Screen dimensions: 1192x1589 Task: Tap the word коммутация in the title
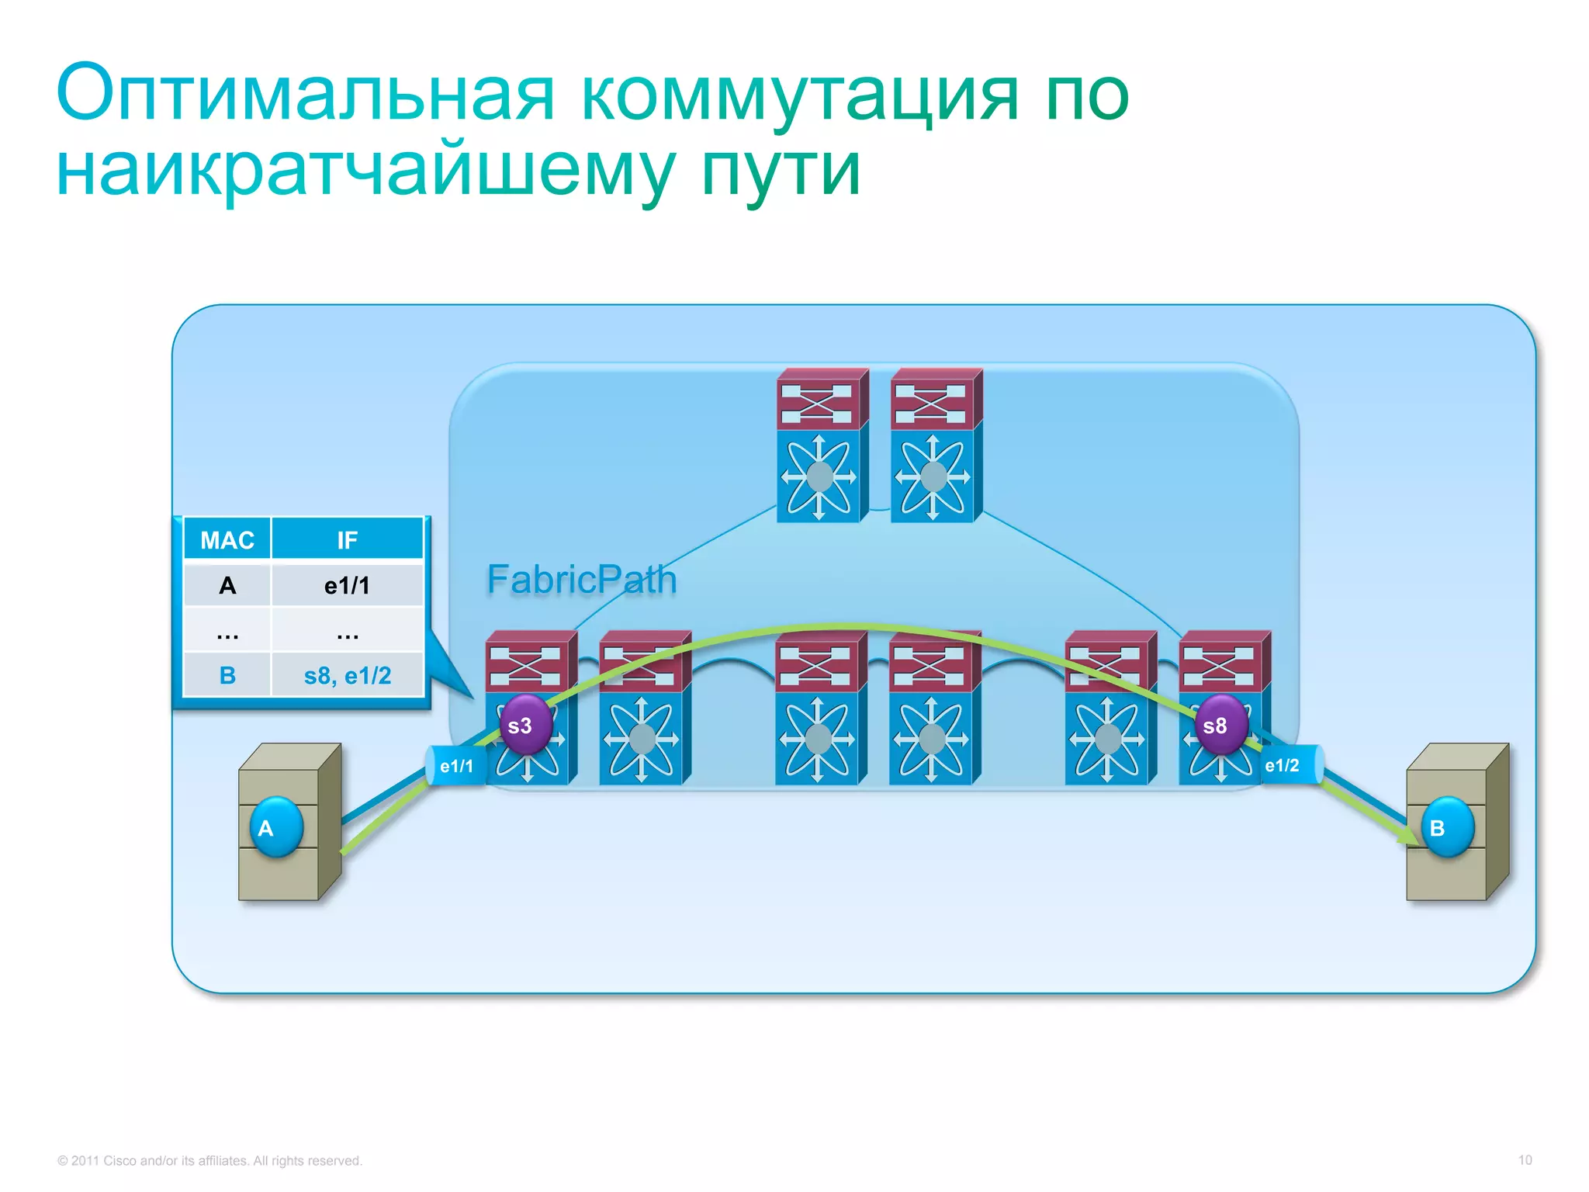click(x=798, y=95)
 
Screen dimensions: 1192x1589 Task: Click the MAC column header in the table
click(x=227, y=540)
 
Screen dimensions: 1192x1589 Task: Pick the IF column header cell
click(x=347, y=540)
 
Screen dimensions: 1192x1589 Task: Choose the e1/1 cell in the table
click(x=347, y=586)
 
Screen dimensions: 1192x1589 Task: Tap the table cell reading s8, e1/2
click(x=347, y=676)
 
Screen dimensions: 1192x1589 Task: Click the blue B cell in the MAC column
click(x=227, y=676)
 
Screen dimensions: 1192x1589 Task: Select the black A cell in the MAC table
click(x=227, y=586)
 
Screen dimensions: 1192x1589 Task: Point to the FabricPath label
click(x=582, y=580)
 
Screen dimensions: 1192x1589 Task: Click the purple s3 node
click(x=525, y=726)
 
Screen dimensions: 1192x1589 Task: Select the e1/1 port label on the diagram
click(x=456, y=766)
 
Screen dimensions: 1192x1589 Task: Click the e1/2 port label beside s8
click(x=1283, y=765)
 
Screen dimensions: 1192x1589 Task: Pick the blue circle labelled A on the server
click(x=275, y=827)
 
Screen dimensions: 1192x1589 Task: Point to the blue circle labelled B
click(x=1445, y=827)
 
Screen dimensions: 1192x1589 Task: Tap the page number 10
click(x=1525, y=1160)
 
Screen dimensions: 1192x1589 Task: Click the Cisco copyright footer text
click(x=209, y=1161)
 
